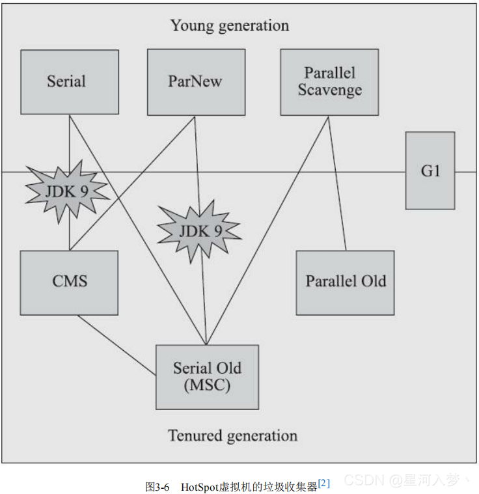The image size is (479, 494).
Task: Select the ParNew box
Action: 196,82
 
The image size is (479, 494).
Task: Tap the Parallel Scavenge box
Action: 329,82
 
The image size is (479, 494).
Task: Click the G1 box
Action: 430,171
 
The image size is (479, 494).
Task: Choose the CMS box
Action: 69,282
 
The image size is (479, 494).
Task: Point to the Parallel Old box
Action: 345,282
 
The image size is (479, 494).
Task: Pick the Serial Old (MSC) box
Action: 207,376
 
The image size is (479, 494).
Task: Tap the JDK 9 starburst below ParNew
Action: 199,231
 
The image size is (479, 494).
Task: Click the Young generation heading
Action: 229,26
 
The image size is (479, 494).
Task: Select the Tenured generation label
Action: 232,435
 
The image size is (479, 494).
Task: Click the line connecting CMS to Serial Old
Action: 117,346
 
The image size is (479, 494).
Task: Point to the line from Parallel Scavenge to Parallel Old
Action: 337,182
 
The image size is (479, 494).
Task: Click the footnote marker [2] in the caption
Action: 324,483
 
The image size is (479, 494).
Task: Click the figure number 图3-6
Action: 157,486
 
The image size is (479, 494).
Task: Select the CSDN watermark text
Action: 364,481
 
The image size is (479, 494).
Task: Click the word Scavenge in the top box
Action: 329,90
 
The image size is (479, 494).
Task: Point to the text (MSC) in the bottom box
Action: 207,385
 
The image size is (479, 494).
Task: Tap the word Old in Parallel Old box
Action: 374,282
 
